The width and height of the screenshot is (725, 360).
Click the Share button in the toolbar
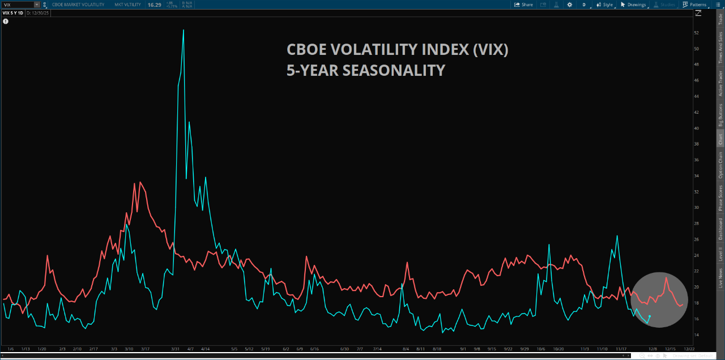point(523,5)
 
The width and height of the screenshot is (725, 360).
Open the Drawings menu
point(633,5)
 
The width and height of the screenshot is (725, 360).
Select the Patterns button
point(694,5)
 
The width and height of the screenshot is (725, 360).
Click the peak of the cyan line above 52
point(183,30)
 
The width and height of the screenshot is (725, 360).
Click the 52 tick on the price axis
point(696,33)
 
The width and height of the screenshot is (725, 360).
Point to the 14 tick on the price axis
point(696,335)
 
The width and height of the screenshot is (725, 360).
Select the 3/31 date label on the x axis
point(176,349)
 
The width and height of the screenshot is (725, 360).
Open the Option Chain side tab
point(720,166)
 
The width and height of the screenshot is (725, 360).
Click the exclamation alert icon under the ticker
point(6,22)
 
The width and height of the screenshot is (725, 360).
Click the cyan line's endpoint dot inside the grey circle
point(649,316)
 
